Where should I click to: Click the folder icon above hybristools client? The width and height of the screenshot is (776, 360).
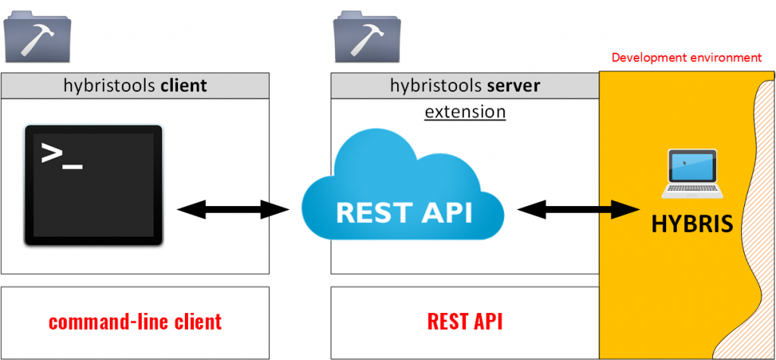coord(37,38)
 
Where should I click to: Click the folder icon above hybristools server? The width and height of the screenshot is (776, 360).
coord(367,38)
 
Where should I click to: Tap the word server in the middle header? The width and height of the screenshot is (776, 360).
coord(514,86)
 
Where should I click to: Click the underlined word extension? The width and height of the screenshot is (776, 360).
coord(465,112)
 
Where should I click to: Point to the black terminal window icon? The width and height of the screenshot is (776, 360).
coord(93,186)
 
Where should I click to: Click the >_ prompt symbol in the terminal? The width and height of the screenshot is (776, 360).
coord(61,155)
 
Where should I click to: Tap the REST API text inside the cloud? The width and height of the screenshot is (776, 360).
coord(403,212)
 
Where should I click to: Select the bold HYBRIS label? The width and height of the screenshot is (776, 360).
coord(692,224)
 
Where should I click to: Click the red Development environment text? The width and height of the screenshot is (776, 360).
coord(686,58)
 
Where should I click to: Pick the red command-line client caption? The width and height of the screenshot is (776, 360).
coord(135,321)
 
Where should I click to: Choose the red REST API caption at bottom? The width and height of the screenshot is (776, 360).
coord(465,321)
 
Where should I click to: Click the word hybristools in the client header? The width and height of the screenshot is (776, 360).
coord(110,86)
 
